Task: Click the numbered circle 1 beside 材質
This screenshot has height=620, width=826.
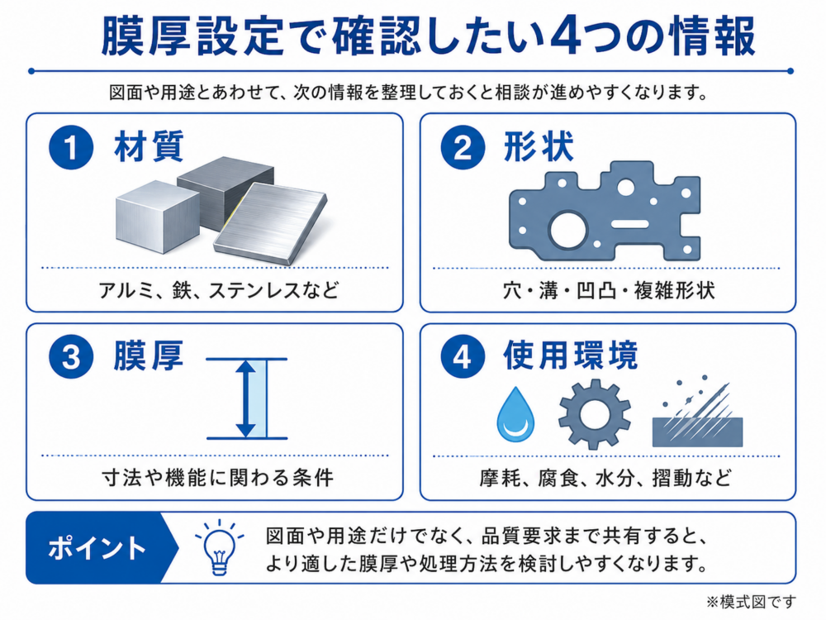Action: pyautogui.click(x=71, y=147)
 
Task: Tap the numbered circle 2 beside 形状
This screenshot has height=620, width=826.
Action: pyautogui.click(x=463, y=147)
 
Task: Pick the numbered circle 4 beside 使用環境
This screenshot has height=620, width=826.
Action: pyautogui.click(x=463, y=358)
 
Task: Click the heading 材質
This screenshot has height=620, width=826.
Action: pyautogui.click(x=149, y=146)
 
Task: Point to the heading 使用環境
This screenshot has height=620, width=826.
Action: pyautogui.click(x=571, y=355)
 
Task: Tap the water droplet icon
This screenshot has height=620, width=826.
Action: pyautogui.click(x=515, y=415)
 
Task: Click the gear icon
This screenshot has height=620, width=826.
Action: pyautogui.click(x=595, y=414)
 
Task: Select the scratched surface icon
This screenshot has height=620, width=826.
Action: pyautogui.click(x=697, y=412)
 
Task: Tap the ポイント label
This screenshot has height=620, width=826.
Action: pyautogui.click(x=97, y=548)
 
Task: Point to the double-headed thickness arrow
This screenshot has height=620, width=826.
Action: pyautogui.click(x=245, y=398)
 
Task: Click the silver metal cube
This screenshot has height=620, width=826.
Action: pyautogui.click(x=157, y=217)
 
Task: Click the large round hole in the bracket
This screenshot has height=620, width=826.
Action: pyautogui.click(x=568, y=230)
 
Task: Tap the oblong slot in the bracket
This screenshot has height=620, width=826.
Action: pyautogui.click(x=629, y=223)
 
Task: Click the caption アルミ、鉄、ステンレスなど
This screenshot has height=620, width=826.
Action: pyautogui.click(x=219, y=290)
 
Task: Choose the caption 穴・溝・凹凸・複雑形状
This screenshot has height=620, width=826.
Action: pyautogui.click(x=609, y=290)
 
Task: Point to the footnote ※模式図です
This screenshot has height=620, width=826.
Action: pyautogui.click(x=751, y=602)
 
